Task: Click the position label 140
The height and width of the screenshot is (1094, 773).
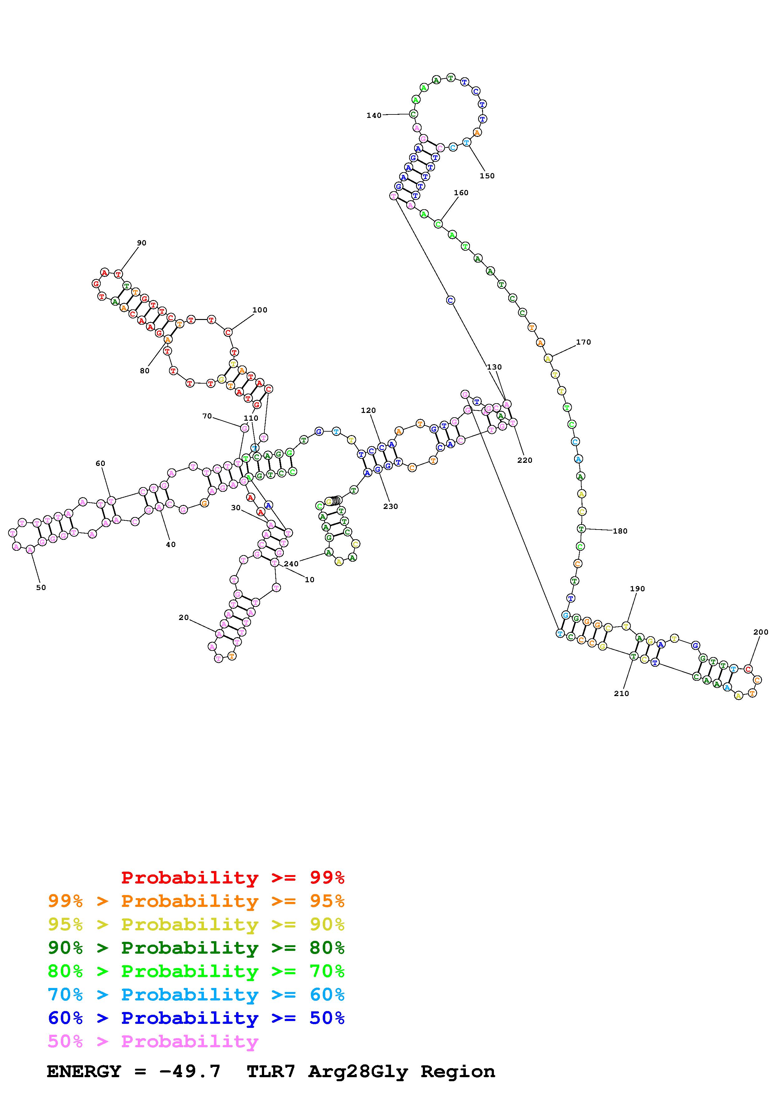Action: tap(374, 115)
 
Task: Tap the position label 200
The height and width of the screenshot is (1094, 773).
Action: tap(761, 632)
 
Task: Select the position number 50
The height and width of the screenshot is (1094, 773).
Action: tap(41, 588)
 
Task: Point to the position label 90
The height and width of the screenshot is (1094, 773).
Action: tap(142, 243)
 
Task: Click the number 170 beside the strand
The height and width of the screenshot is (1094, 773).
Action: tap(583, 342)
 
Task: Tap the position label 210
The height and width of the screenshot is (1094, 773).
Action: tap(621, 694)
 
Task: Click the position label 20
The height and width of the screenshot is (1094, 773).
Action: tap(183, 617)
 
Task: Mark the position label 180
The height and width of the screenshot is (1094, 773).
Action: tap(620, 531)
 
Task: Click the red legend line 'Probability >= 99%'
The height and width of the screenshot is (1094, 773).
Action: tap(232, 878)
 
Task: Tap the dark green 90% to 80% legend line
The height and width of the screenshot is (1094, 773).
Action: tap(196, 948)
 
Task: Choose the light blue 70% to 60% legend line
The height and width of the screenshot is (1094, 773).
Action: tap(196, 995)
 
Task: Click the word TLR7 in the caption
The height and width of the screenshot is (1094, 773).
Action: tap(271, 1072)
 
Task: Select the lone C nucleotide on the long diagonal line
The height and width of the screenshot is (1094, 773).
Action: tap(450, 300)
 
